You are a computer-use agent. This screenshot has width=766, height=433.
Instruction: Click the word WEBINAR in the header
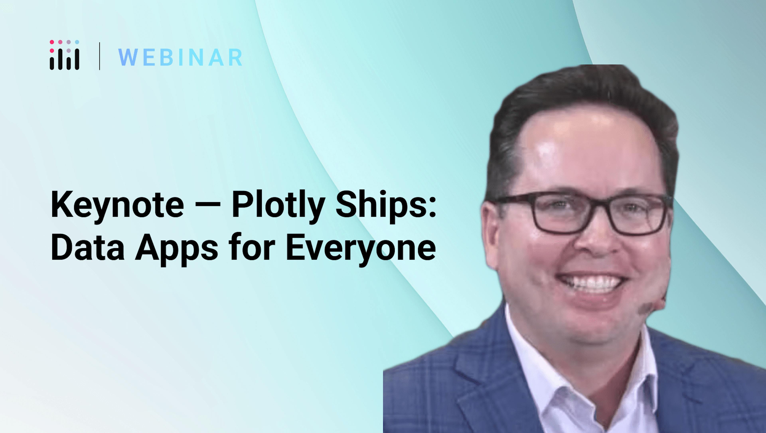(180, 57)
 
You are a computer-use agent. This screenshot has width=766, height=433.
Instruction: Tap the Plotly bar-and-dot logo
(64, 55)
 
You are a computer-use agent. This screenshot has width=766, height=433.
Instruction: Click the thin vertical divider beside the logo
(99, 56)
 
